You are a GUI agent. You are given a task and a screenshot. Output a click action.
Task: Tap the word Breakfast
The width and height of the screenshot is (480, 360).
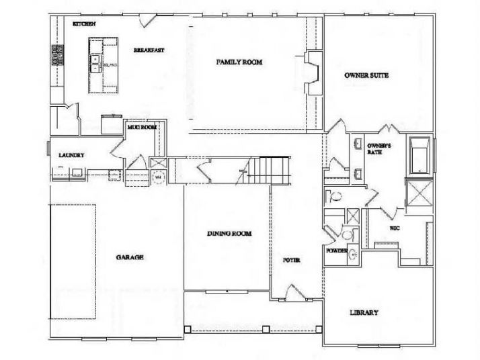click(149, 50)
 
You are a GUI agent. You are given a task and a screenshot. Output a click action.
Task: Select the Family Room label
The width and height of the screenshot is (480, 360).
click(239, 62)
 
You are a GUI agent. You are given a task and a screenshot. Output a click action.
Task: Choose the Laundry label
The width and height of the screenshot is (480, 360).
click(71, 155)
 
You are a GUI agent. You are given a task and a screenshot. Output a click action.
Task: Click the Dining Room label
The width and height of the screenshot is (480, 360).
click(229, 234)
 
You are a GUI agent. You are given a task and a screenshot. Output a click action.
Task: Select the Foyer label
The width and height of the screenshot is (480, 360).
click(290, 260)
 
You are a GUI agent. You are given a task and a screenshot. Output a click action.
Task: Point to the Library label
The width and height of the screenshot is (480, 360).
click(364, 313)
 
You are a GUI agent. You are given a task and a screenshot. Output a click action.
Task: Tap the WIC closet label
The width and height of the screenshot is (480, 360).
click(395, 228)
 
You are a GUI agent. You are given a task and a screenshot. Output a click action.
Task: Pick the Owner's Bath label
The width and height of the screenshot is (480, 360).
click(375, 148)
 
